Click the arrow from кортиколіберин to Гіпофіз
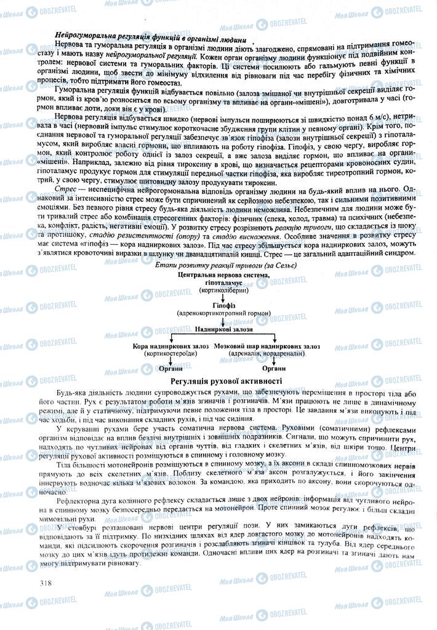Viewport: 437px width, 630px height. [223, 296]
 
